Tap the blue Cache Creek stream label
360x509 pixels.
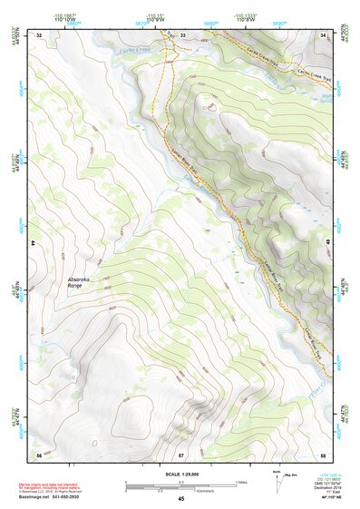pyautogui.click(x=138, y=51)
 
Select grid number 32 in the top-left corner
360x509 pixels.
pyautogui.click(x=38, y=34)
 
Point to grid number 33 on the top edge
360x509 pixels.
pyautogui.click(x=181, y=34)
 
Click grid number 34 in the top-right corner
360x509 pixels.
pyautogui.click(x=324, y=34)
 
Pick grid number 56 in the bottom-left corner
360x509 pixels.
pyautogui.click(x=38, y=454)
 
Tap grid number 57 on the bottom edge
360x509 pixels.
pyautogui.click(x=180, y=454)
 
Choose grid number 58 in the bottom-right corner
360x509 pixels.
pyautogui.click(x=323, y=454)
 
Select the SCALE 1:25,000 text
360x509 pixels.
pyautogui.click(x=180, y=474)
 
